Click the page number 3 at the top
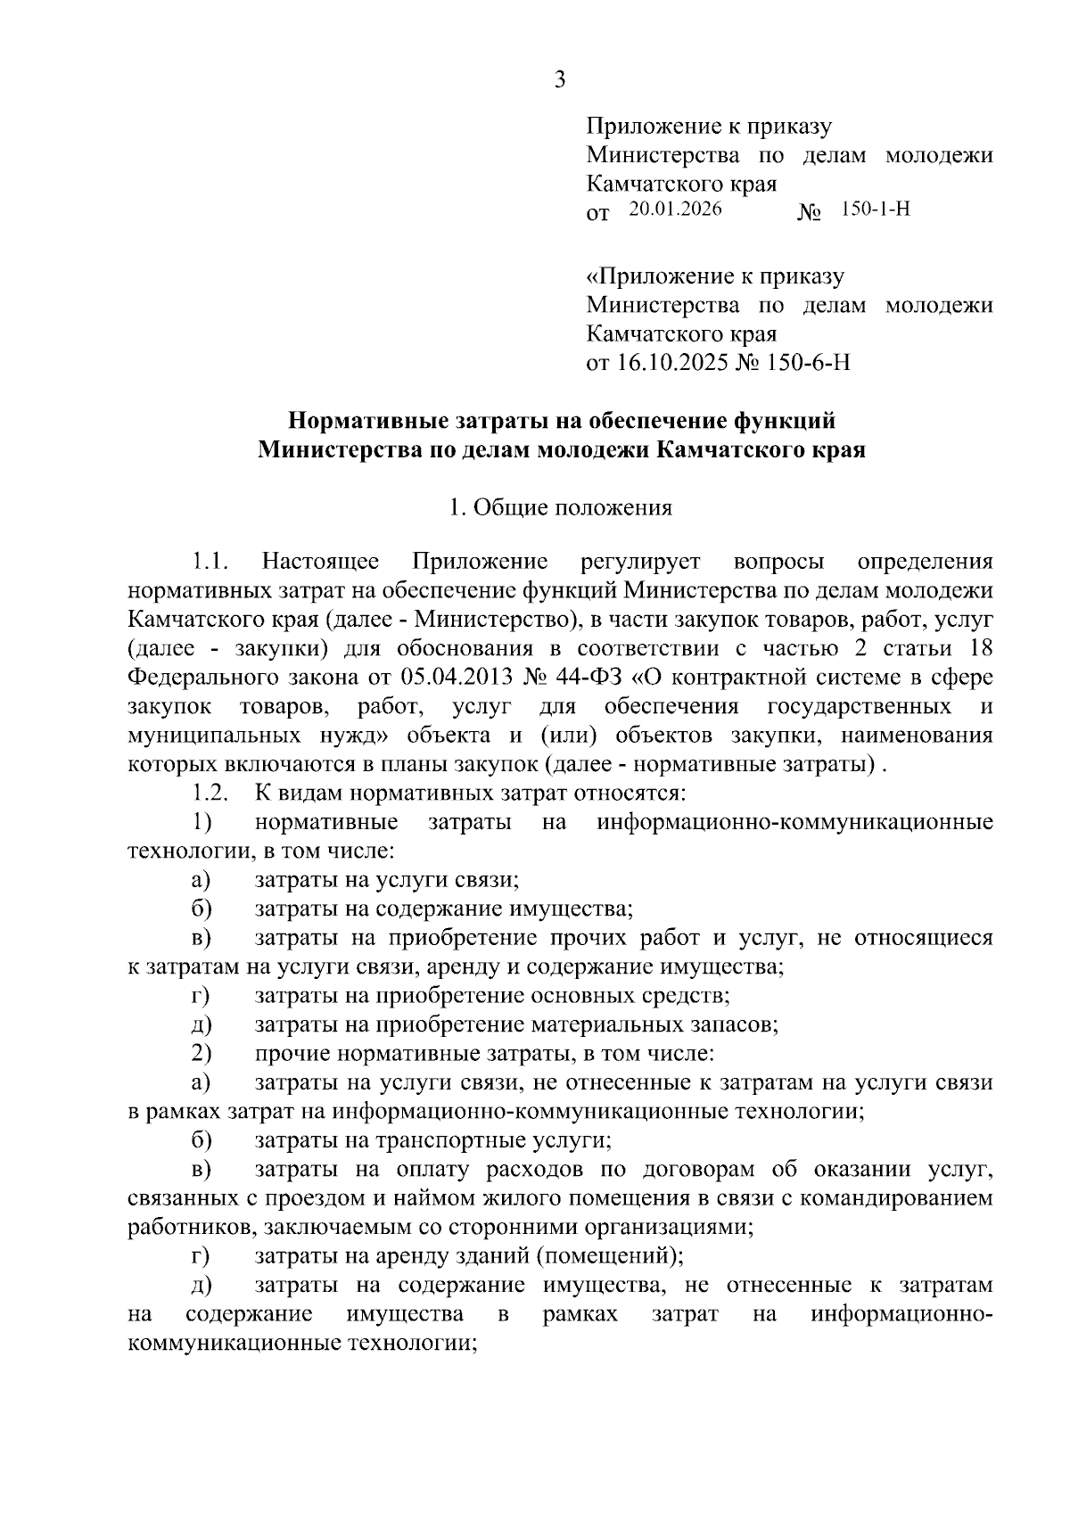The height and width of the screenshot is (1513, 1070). click(559, 81)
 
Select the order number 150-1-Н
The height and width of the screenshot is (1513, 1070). click(875, 210)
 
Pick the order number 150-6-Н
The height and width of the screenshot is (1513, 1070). click(807, 364)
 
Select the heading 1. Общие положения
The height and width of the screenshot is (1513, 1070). click(560, 508)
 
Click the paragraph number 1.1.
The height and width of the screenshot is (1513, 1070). click(210, 563)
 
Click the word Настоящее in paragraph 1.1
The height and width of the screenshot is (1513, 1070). click(320, 563)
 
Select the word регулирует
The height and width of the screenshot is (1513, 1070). click(639, 563)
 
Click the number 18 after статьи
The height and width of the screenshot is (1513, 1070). click(980, 648)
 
